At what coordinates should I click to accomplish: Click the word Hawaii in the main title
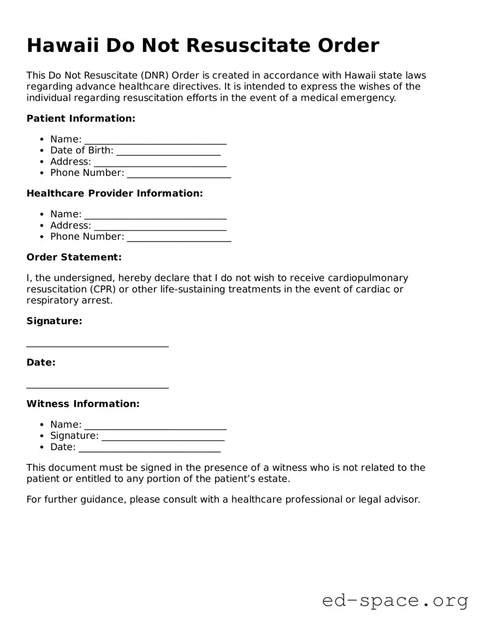[x=62, y=45]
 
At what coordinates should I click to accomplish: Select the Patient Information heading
[x=81, y=118]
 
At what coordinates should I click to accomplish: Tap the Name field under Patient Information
[x=155, y=140]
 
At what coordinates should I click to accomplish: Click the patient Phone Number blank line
[x=179, y=173]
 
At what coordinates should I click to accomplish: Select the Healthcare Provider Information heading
[x=114, y=193]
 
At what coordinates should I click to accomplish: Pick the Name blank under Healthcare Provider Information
[x=155, y=215]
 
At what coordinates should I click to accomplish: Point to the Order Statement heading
[x=74, y=257]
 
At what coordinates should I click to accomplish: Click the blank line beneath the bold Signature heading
[x=97, y=345]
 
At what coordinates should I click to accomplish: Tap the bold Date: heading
[x=41, y=362]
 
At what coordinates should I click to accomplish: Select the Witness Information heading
[x=83, y=403]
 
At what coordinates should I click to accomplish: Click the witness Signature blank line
[x=163, y=437]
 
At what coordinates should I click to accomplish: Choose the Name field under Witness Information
[x=155, y=425]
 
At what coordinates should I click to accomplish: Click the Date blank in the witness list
[x=150, y=447]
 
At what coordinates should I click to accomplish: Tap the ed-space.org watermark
[x=395, y=601]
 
